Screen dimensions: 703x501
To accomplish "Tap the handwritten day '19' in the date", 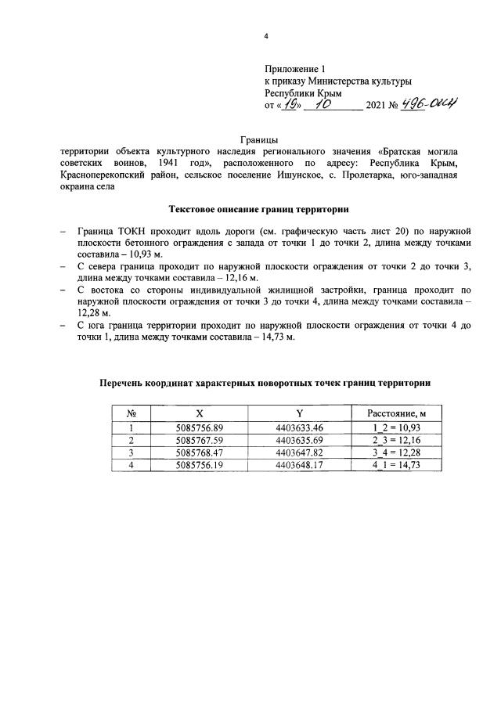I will pos(293,105).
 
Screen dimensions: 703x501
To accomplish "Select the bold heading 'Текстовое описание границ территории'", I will pos(265,208).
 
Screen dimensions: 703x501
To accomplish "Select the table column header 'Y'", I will pos(299,413).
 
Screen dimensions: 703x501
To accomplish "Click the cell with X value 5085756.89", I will pos(200,427).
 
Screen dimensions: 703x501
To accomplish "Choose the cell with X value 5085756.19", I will pos(200,464).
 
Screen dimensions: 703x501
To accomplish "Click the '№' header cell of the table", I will pos(132,413).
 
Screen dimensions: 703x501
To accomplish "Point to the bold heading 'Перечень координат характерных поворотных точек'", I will pos(265,383).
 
